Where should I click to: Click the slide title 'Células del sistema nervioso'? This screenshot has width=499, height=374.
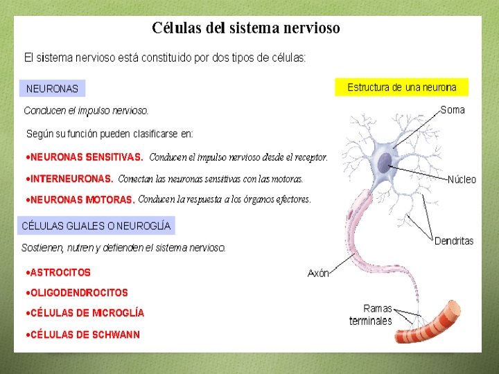[246, 28]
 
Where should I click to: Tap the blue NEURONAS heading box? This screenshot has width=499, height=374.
[52, 89]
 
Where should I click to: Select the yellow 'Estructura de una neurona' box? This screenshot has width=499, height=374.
[401, 87]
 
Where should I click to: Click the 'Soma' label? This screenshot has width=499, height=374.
[453, 110]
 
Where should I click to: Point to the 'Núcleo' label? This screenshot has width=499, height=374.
[462, 179]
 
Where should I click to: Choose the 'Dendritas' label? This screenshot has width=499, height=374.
[454, 241]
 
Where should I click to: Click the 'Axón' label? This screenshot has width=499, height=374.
[318, 274]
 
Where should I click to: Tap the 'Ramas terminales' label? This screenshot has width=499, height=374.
[371, 314]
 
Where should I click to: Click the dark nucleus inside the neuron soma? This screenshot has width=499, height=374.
[383, 163]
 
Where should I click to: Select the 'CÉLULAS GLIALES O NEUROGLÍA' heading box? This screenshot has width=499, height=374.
[96, 226]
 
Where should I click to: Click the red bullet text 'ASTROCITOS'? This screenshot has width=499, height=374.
[60, 273]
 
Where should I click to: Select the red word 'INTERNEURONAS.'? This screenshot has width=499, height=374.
[71, 179]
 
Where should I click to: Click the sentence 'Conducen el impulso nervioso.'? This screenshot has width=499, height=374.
[86, 111]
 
